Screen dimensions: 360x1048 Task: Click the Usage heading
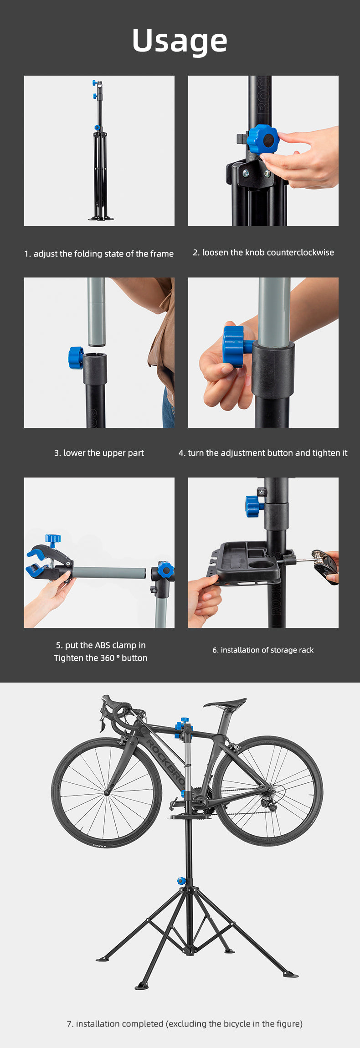coord(180,41)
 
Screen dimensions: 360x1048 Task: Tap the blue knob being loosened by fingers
coord(263,139)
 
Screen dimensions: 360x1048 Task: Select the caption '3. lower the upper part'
coord(99,453)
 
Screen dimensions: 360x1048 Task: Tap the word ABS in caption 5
coord(103,645)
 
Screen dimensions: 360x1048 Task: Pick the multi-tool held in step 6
coord(324,565)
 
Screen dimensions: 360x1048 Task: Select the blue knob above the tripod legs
coord(181,881)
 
